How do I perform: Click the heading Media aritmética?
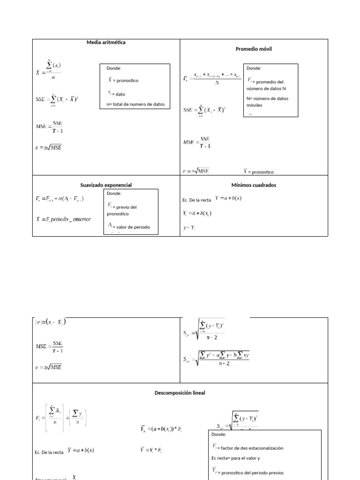pos(106,42)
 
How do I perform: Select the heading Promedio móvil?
pos(253,49)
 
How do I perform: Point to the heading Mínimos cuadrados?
pos(254,185)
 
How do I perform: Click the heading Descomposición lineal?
pos(180,393)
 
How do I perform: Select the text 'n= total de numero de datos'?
pos(135,105)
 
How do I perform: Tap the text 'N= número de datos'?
pos(267,98)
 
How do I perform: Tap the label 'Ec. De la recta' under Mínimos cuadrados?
pos(196,200)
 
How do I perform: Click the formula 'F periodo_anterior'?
pos(63,219)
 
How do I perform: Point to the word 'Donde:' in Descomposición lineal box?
pos(218,435)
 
